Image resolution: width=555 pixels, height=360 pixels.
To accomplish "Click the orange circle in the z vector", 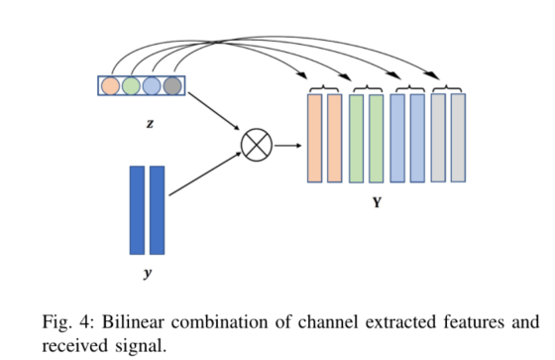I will [x=111, y=86].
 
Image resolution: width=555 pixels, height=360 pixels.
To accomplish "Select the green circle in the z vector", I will [x=132, y=86].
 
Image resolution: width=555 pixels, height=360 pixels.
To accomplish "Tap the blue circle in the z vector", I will [x=152, y=86].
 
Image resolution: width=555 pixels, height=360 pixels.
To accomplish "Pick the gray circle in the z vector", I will [x=172, y=86].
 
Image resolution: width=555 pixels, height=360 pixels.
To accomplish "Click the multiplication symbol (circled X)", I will [x=256, y=146].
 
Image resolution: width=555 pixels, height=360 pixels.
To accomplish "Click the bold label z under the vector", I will [x=149, y=126].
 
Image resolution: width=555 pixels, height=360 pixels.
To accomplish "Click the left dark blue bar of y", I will [x=137, y=210].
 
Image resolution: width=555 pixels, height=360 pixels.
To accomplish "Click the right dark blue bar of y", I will [x=157, y=210].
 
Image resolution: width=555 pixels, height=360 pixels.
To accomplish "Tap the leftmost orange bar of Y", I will [x=315, y=138].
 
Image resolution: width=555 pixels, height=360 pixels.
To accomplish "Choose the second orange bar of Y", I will [x=335, y=138].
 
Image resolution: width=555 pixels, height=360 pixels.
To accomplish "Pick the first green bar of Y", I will [x=357, y=138].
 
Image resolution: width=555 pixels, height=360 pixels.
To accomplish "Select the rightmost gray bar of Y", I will [x=458, y=138].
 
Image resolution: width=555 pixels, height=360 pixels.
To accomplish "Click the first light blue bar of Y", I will [x=397, y=138].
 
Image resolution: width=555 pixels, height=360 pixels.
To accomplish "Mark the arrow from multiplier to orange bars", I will [x=287, y=146].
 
